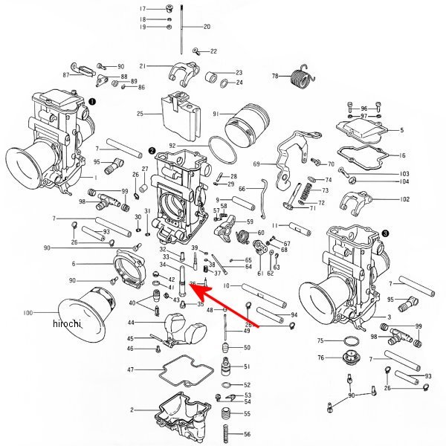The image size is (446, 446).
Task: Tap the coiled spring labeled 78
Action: click(300, 75)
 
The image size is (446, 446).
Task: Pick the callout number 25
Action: click(140, 114)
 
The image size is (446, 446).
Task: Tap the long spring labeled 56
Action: click(226, 434)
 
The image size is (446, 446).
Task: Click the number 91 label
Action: click(216, 114)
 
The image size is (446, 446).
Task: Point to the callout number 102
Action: click(405, 199)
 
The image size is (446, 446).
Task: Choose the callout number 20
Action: click(207, 27)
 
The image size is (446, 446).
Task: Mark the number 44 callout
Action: click(131, 323)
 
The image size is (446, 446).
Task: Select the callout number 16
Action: click(403, 155)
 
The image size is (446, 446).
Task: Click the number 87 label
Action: click(66, 74)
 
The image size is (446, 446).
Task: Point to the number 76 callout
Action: click(320, 358)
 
